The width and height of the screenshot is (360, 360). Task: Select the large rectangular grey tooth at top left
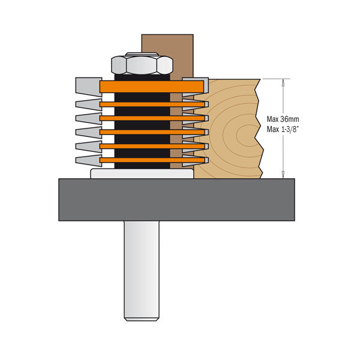pyautogui.click(x=88, y=87)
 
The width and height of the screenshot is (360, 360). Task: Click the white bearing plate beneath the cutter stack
pyautogui.click(x=142, y=173)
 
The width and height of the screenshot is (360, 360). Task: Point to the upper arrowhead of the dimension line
pyautogui.click(x=281, y=83)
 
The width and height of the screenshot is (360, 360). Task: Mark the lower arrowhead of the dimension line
pyautogui.click(x=281, y=175)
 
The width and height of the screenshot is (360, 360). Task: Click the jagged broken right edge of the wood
pyautogui.click(x=259, y=129)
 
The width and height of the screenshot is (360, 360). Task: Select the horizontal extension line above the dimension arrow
pyautogui.click(x=273, y=79)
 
